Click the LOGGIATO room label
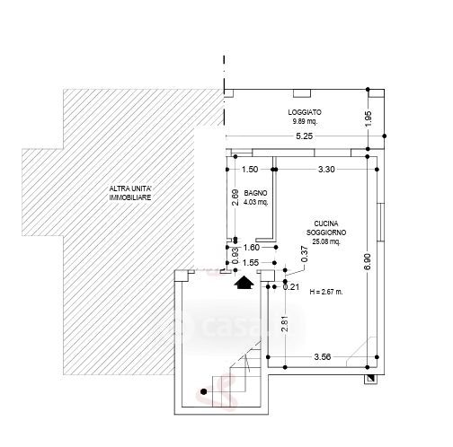(x=305, y=112)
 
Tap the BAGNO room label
(x=255, y=193)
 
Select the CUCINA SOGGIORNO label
(x=326, y=228)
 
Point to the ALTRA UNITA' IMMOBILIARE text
(x=130, y=193)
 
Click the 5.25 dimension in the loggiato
(x=304, y=136)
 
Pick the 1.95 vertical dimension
(x=369, y=118)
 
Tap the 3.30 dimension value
(x=326, y=170)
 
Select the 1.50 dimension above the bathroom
(x=250, y=170)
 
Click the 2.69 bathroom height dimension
(x=235, y=197)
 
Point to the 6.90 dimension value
(x=369, y=261)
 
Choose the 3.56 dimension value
(x=323, y=356)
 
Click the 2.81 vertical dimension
(x=285, y=323)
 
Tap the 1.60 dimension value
(x=252, y=248)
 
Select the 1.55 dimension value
(x=251, y=263)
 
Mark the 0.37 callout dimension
(x=305, y=254)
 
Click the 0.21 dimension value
(x=291, y=287)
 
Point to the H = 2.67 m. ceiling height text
(x=326, y=292)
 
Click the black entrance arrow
(x=244, y=283)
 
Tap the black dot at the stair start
(x=204, y=391)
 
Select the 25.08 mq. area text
(x=326, y=241)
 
